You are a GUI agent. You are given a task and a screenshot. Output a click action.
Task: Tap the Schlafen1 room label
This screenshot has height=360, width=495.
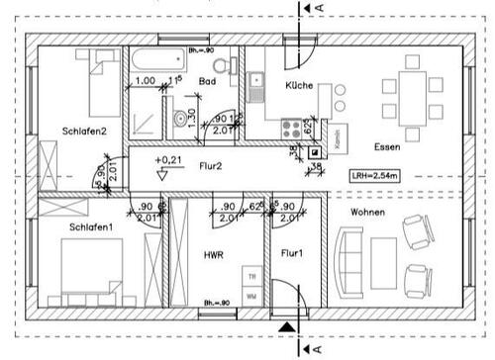pyautogui.click(x=90, y=226)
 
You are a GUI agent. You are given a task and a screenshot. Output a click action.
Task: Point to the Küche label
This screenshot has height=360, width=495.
pyautogui.click(x=298, y=86)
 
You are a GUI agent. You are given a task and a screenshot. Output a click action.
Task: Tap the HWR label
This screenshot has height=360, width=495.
pyautogui.click(x=213, y=255)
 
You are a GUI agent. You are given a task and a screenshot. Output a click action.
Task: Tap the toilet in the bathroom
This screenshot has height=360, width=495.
pyautogui.click(x=229, y=64)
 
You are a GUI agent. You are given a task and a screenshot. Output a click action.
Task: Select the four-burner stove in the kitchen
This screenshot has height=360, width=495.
pyautogui.click(x=294, y=126)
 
